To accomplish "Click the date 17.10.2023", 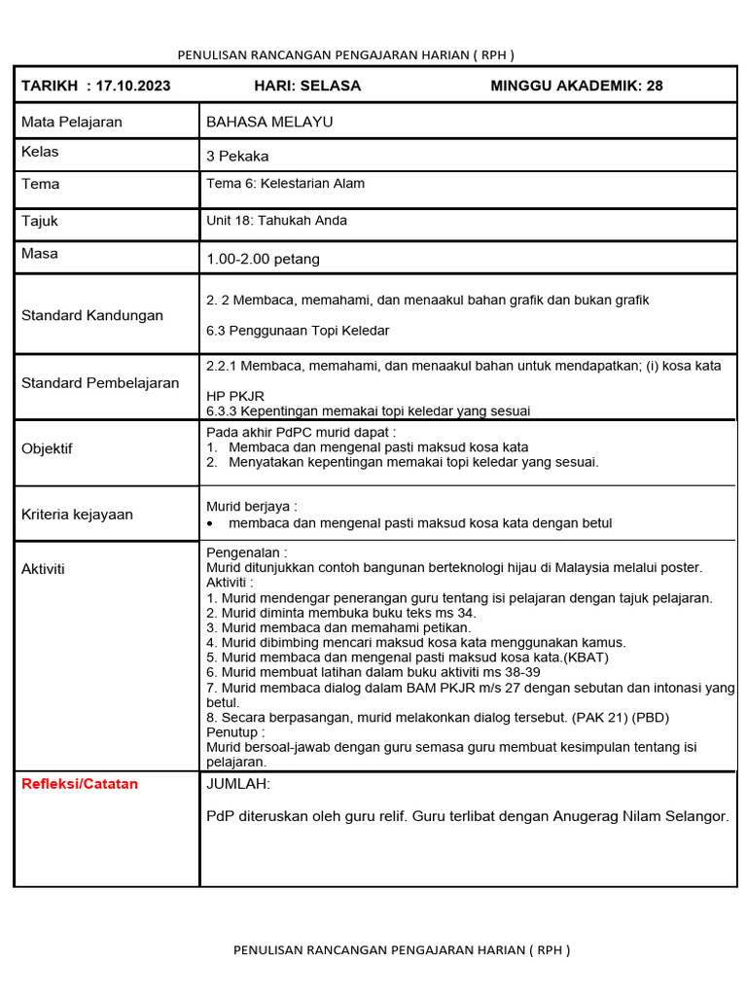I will [x=133, y=86].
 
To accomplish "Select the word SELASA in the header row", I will [x=331, y=86].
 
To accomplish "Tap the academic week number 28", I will [x=655, y=86].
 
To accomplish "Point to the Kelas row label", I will [x=40, y=153].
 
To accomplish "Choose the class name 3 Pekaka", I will [x=237, y=156].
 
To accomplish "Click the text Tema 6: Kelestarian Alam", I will [x=285, y=183].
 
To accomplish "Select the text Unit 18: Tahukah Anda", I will [x=276, y=221].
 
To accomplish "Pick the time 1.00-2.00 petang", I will [x=263, y=259].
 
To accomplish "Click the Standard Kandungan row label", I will [x=92, y=315].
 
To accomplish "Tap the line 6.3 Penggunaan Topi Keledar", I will [x=298, y=331].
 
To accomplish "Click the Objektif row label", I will [x=47, y=448].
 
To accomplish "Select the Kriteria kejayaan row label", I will [x=77, y=514].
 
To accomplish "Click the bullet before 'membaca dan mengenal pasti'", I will [x=211, y=523].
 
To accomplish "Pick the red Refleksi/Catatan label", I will [x=80, y=784].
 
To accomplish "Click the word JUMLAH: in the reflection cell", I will [x=238, y=785].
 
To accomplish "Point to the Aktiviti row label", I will [x=43, y=568].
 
